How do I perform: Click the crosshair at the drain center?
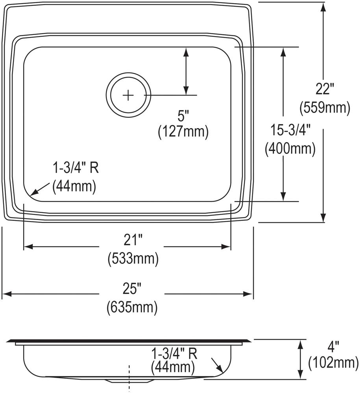[x=128, y=95]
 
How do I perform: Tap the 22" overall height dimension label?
[x=325, y=90]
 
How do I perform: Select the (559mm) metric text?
[x=325, y=108]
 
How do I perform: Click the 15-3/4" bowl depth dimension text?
[x=290, y=130]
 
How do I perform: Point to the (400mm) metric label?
[x=290, y=148]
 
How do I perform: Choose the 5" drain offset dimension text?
[x=183, y=116]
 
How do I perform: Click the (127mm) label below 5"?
[x=183, y=132]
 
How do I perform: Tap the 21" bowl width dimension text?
[x=132, y=240]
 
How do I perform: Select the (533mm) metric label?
[x=133, y=258]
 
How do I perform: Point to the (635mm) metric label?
[x=132, y=307]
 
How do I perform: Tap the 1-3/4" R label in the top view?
[x=76, y=169]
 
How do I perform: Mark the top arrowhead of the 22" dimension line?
[x=323, y=7]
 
